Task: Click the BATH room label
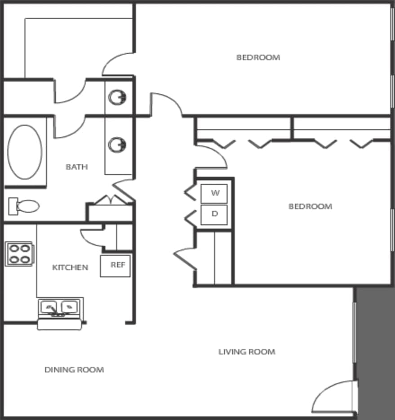(x=77, y=167)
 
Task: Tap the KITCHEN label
(x=70, y=267)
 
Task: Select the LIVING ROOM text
(x=247, y=352)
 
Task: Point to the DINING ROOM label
(x=74, y=370)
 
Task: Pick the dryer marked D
(x=214, y=214)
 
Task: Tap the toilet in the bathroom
(x=24, y=206)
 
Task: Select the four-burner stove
(x=19, y=254)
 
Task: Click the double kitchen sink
(x=59, y=308)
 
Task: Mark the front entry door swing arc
(x=333, y=397)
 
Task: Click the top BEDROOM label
(x=258, y=57)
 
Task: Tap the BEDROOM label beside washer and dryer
(x=310, y=206)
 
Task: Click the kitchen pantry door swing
(x=92, y=237)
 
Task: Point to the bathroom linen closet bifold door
(x=110, y=199)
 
